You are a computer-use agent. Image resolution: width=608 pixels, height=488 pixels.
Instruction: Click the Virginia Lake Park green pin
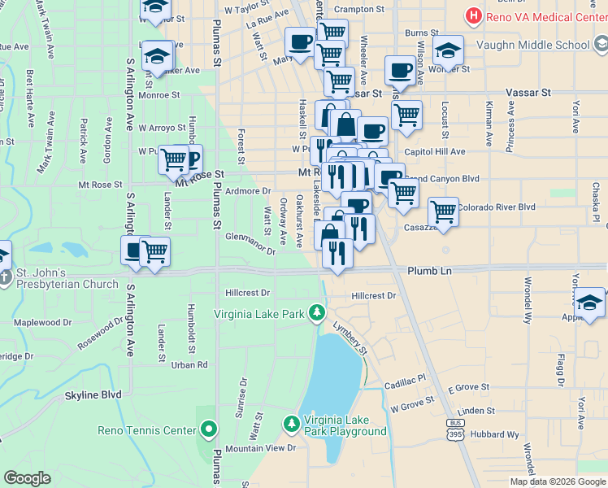316,313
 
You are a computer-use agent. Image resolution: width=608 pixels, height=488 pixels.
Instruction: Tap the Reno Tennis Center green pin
209,429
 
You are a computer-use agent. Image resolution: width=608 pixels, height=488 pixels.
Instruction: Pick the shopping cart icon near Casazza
443,211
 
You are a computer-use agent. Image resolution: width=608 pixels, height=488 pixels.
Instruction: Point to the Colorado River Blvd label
497,207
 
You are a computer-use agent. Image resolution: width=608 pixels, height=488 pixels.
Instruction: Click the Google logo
27,478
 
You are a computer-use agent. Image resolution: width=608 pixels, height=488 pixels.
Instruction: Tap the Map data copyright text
557,481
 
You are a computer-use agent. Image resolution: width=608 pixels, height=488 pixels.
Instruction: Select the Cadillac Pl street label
405,380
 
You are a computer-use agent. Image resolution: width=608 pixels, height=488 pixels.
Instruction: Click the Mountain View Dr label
260,448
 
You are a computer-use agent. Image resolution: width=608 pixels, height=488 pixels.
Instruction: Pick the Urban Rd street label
189,365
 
